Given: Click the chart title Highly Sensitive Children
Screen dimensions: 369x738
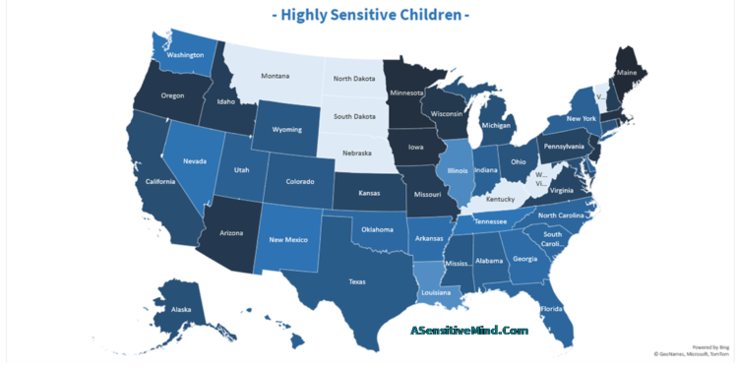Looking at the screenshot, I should tap(369, 15).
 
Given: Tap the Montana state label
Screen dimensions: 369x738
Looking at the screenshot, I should tap(277, 76).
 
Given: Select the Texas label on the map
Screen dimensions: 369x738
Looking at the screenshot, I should tap(356, 281).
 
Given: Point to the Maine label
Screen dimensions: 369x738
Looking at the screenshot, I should tap(626, 71).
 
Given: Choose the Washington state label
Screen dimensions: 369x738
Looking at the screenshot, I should tap(185, 55).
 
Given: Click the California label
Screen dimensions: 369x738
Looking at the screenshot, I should tap(159, 181).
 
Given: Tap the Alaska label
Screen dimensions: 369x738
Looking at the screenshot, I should tap(181, 308).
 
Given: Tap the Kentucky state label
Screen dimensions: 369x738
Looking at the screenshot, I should tap(500, 199).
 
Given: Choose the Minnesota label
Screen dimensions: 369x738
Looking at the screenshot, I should tap(406, 93).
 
